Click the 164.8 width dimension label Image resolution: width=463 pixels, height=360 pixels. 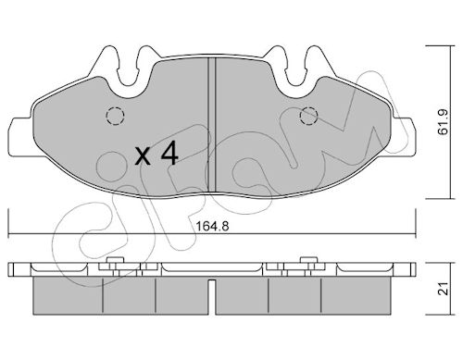[213, 227]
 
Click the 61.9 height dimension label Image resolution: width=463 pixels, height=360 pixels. [444, 121]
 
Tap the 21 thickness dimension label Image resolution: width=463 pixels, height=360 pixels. [444, 289]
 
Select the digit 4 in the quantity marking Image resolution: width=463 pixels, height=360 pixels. [169, 153]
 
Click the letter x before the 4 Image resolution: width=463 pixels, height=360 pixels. [143, 156]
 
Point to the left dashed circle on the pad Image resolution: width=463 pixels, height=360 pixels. [115, 116]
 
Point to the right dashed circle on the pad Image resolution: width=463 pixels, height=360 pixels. [309, 116]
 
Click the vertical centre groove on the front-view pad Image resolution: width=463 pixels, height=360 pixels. [211, 125]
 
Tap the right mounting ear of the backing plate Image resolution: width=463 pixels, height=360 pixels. [405, 136]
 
